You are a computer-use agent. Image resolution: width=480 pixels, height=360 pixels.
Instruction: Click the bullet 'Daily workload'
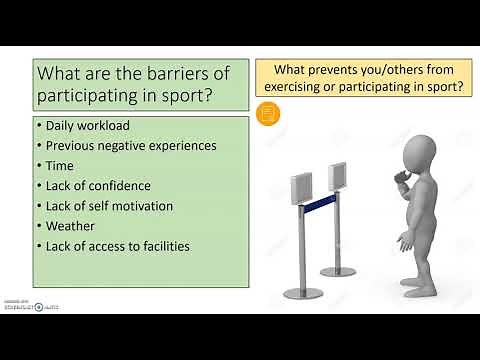point(87,125)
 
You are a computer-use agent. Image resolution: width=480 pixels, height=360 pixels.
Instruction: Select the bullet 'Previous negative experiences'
point(131,145)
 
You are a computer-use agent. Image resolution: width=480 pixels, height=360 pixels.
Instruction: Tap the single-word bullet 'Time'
point(61,165)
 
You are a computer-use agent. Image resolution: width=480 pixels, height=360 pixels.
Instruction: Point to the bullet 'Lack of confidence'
point(98,185)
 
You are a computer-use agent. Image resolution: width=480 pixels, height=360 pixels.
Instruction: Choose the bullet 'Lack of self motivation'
point(109,206)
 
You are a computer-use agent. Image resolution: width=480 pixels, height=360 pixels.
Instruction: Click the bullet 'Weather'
point(71,226)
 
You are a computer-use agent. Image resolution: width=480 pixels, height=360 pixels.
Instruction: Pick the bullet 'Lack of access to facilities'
point(118,246)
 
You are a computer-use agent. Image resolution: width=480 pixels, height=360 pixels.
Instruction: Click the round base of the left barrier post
point(302,292)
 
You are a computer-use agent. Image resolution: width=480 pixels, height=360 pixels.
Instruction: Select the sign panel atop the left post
point(300,189)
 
